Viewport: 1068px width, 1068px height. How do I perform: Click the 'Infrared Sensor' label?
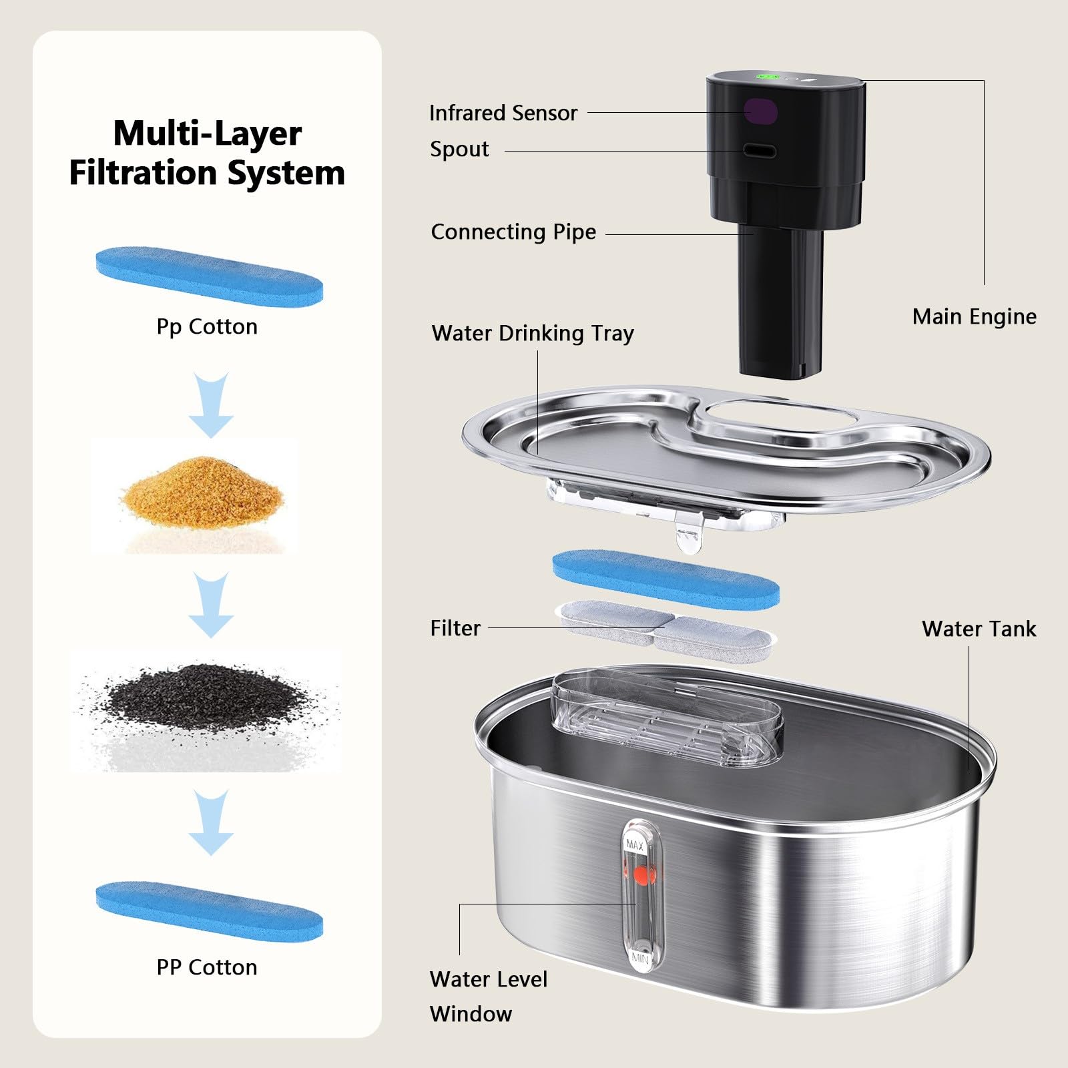503,113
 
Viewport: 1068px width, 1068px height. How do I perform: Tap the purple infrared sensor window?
761,111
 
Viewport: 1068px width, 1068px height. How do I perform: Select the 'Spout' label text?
459,150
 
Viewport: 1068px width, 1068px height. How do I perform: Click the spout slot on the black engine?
760,151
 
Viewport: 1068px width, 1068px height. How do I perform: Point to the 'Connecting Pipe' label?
513,232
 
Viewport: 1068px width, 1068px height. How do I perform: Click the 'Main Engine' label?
975,316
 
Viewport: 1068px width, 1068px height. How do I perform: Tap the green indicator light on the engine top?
767,77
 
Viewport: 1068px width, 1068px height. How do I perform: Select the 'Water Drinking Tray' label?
533,333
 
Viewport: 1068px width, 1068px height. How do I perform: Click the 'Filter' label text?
455,628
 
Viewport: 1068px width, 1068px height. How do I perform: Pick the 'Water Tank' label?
979,629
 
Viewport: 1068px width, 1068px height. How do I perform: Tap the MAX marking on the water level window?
635,845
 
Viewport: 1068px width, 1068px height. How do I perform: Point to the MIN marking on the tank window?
639,959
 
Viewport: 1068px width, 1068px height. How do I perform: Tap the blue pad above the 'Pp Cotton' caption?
210,276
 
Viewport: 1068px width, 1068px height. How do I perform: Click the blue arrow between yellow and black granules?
212,605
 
